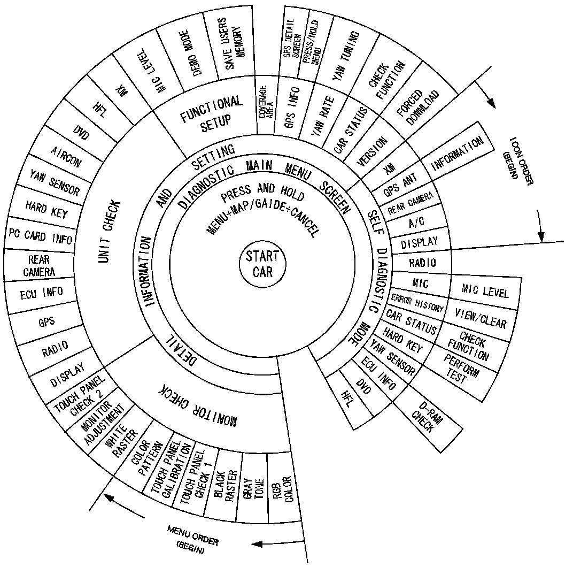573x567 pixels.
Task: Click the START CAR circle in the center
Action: pyautogui.click(x=262, y=263)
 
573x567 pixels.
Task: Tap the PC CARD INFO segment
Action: pyautogui.click(x=40, y=236)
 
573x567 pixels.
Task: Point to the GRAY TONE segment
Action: pyautogui.click(x=254, y=488)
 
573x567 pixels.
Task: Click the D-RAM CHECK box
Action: pyautogui.click(x=427, y=418)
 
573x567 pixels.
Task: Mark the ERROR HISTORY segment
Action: pyautogui.click(x=417, y=303)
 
